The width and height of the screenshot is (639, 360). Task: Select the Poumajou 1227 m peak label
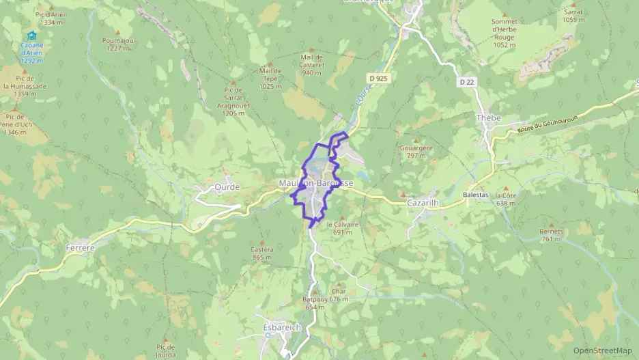[x=116, y=44]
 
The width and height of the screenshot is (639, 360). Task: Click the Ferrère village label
[x=81, y=247]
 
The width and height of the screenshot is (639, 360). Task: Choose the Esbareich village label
[x=282, y=328]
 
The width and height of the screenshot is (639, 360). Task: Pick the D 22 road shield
[x=467, y=82]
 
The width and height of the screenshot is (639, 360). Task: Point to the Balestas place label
[x=476, y=195]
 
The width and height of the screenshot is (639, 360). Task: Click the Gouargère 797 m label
[x=416, y=152]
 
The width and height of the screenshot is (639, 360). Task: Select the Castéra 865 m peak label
[x=262, y=253]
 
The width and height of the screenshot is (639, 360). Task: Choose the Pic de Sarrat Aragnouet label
[x=233, y=101]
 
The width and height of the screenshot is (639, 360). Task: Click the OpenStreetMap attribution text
[x=602, y=350]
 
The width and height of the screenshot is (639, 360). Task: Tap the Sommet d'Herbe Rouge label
[x=505, y=33]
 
